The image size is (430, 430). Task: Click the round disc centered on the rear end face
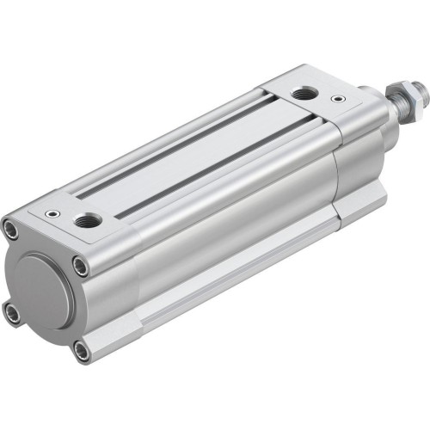click(46, 288)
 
